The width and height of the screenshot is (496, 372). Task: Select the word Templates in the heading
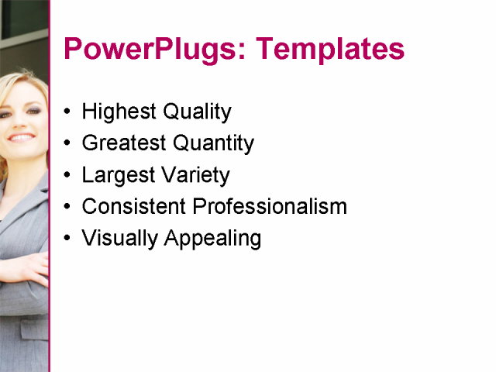[x=330, y=49]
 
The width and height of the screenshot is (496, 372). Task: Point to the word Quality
[x=198, y=112]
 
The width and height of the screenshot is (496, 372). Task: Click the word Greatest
[x=124, y=143]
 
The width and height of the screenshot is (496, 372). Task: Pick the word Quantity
[x=213, y=143]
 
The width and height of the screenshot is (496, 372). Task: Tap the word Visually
[x=119, y=239]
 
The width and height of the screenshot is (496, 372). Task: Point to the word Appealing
[x=212, y=239]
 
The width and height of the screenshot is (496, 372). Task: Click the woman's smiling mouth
[x=21, y=137]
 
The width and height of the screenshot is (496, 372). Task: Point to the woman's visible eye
[x=31, y=110]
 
